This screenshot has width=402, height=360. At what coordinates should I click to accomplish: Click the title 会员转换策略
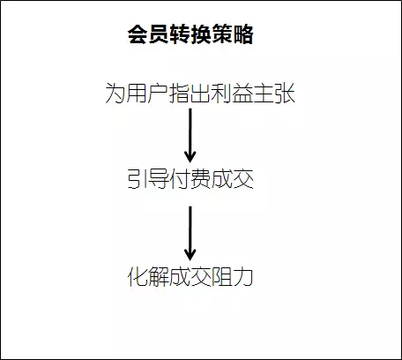tap(190, 34)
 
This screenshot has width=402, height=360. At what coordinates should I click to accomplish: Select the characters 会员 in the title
tap(148, 34)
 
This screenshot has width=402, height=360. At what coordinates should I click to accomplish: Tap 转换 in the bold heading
tap(190, 34)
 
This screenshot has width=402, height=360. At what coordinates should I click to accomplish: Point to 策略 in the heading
tap(232, 34)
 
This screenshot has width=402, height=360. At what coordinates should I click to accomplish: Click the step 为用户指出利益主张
tap(200, 94)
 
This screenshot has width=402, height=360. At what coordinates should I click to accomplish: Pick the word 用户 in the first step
tap(147, 94)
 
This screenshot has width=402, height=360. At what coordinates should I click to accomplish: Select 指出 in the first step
tap(190, 94)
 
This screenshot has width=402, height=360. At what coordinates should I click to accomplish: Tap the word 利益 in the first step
tap(232, 94)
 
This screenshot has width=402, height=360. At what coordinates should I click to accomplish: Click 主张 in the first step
tap(274, 94)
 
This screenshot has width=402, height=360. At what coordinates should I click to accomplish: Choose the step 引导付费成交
tap(190, 179)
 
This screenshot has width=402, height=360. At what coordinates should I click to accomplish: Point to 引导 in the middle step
tap(148, 179)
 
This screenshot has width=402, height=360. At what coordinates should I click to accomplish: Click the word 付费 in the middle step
tap(190, 179)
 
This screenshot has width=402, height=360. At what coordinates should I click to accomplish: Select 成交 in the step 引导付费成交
tap(233, 179)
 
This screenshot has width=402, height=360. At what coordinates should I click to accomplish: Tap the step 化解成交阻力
tap(190, 277)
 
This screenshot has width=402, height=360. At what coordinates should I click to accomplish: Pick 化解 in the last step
tap(148, 277)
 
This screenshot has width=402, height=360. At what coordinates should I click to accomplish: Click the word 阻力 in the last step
tap(233, 277)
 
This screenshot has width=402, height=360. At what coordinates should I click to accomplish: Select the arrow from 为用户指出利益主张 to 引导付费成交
tap(190, 136)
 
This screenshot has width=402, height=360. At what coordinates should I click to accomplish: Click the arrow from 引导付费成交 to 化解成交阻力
tap(190, 233)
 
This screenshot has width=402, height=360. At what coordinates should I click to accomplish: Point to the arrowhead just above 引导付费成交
tap(190, 157)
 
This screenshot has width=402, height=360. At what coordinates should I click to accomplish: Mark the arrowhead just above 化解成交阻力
tap(190, 255)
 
